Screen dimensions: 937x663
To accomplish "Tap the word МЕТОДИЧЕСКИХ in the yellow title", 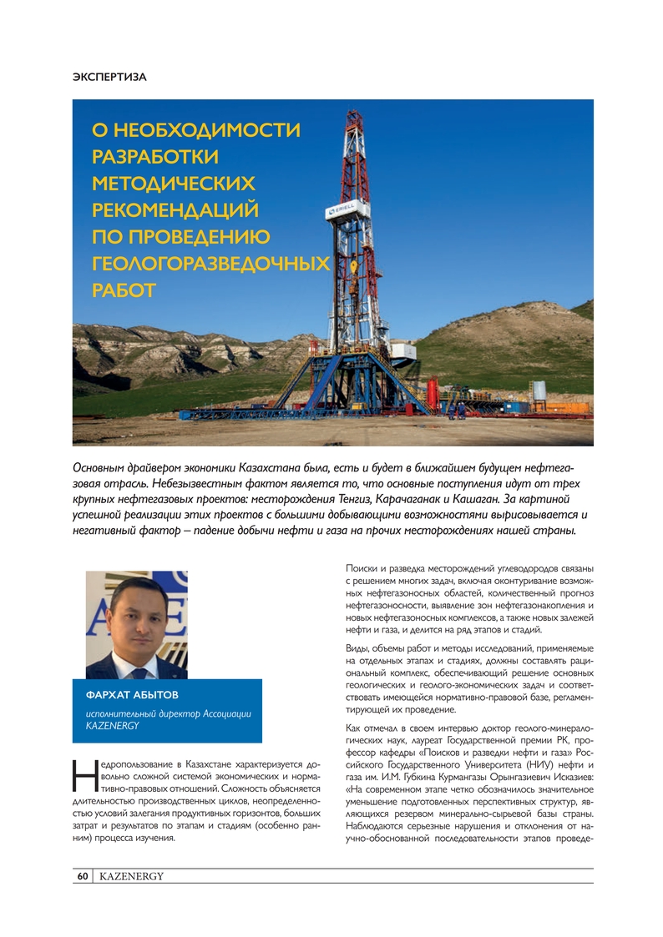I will [175, 184].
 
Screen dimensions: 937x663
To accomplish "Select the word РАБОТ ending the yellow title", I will [124, 290].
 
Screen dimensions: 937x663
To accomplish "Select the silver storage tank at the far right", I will [539, 390].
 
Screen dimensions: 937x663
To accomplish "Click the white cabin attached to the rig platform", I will [404, 351].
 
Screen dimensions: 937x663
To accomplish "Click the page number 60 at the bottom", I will [83, 876].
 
